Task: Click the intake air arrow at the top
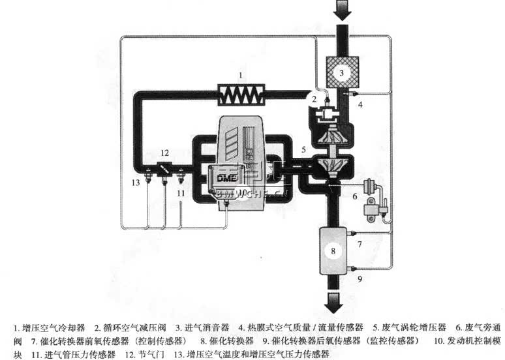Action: (x=341, y=9)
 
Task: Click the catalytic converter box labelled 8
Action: (x=333, y=250)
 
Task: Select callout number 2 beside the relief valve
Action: (x=314, y=99)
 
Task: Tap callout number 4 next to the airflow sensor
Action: (x=360, y=104)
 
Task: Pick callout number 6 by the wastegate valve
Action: (x=355, y=196)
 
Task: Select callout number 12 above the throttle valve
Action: (x=165, y=152)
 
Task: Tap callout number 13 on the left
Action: (x=135, y=183)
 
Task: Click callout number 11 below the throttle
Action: (x=181, y=193)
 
